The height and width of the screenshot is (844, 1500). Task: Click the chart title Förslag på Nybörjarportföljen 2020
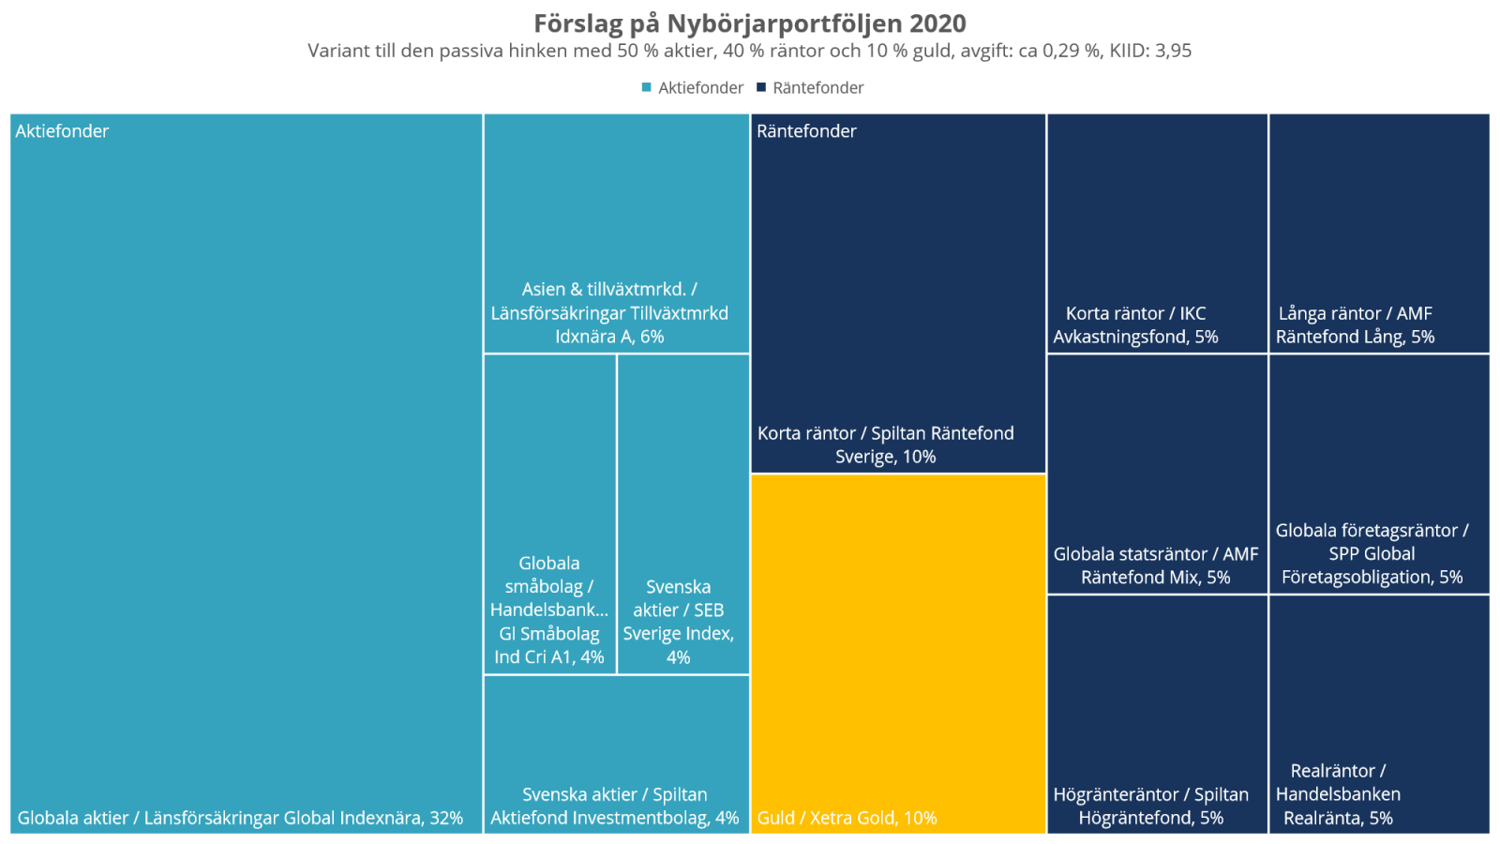pos(750,23)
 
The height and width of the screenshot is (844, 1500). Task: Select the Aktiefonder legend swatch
pos(646,87)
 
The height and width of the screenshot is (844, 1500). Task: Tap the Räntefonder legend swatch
pos(761,87)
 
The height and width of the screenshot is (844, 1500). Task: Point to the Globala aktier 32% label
pos(240,818)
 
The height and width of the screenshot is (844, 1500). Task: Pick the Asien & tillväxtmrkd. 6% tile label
pos(609,313)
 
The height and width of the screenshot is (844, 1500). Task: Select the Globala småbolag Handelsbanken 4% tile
pos(549,514)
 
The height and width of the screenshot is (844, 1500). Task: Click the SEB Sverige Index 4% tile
pos(682,514)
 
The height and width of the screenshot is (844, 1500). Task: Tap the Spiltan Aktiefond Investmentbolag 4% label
pos(615,806)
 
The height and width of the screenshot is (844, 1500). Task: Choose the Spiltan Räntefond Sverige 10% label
pos(886,445)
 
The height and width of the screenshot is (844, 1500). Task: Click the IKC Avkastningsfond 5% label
pos(1135,324)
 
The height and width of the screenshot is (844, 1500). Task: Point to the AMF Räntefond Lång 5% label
pos(1355,324)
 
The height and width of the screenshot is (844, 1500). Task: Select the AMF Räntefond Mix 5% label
pos(1155,565)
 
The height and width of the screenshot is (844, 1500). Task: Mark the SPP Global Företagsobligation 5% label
pos(1372,553)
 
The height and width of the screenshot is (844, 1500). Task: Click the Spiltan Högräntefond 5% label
pos(1151,806)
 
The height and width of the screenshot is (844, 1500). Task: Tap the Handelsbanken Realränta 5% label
pos(1338,794)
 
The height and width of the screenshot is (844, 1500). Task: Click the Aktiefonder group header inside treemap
pos(62,131)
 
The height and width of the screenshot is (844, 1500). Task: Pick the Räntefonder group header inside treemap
pos(806,131)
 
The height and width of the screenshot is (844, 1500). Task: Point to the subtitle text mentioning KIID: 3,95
pos(750,51)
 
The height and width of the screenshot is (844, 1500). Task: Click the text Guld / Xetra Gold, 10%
pos(847,818)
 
